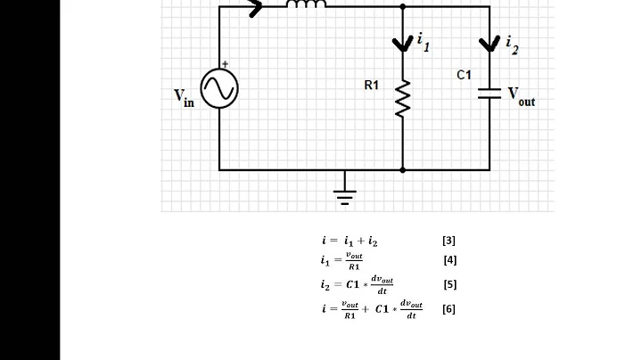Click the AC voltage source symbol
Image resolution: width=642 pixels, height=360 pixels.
(219, 89)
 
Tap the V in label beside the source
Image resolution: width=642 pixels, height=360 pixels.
(183, 97)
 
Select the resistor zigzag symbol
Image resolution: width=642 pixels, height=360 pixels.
(403, 99)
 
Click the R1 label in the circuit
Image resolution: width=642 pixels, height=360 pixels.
(372, 86)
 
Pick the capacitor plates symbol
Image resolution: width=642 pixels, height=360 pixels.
(490, 94)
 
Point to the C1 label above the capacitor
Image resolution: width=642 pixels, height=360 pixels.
(464, 75)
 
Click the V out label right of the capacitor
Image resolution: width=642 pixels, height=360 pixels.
(521, 96)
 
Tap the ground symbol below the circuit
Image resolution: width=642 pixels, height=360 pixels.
(344, 189)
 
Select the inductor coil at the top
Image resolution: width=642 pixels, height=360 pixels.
(306, 4)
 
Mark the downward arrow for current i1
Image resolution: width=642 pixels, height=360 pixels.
(403, 43)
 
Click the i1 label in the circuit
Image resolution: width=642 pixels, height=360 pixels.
(423, 41)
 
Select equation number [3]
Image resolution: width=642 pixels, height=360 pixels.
(449, 241)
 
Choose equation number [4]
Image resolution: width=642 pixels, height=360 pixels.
(449, 260)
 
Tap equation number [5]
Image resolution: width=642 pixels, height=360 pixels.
(449, 285)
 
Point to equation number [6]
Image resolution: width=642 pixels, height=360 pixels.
(449, 309)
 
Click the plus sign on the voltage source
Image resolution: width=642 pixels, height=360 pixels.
(225, 65)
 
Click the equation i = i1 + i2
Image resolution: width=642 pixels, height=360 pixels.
(350, 241)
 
